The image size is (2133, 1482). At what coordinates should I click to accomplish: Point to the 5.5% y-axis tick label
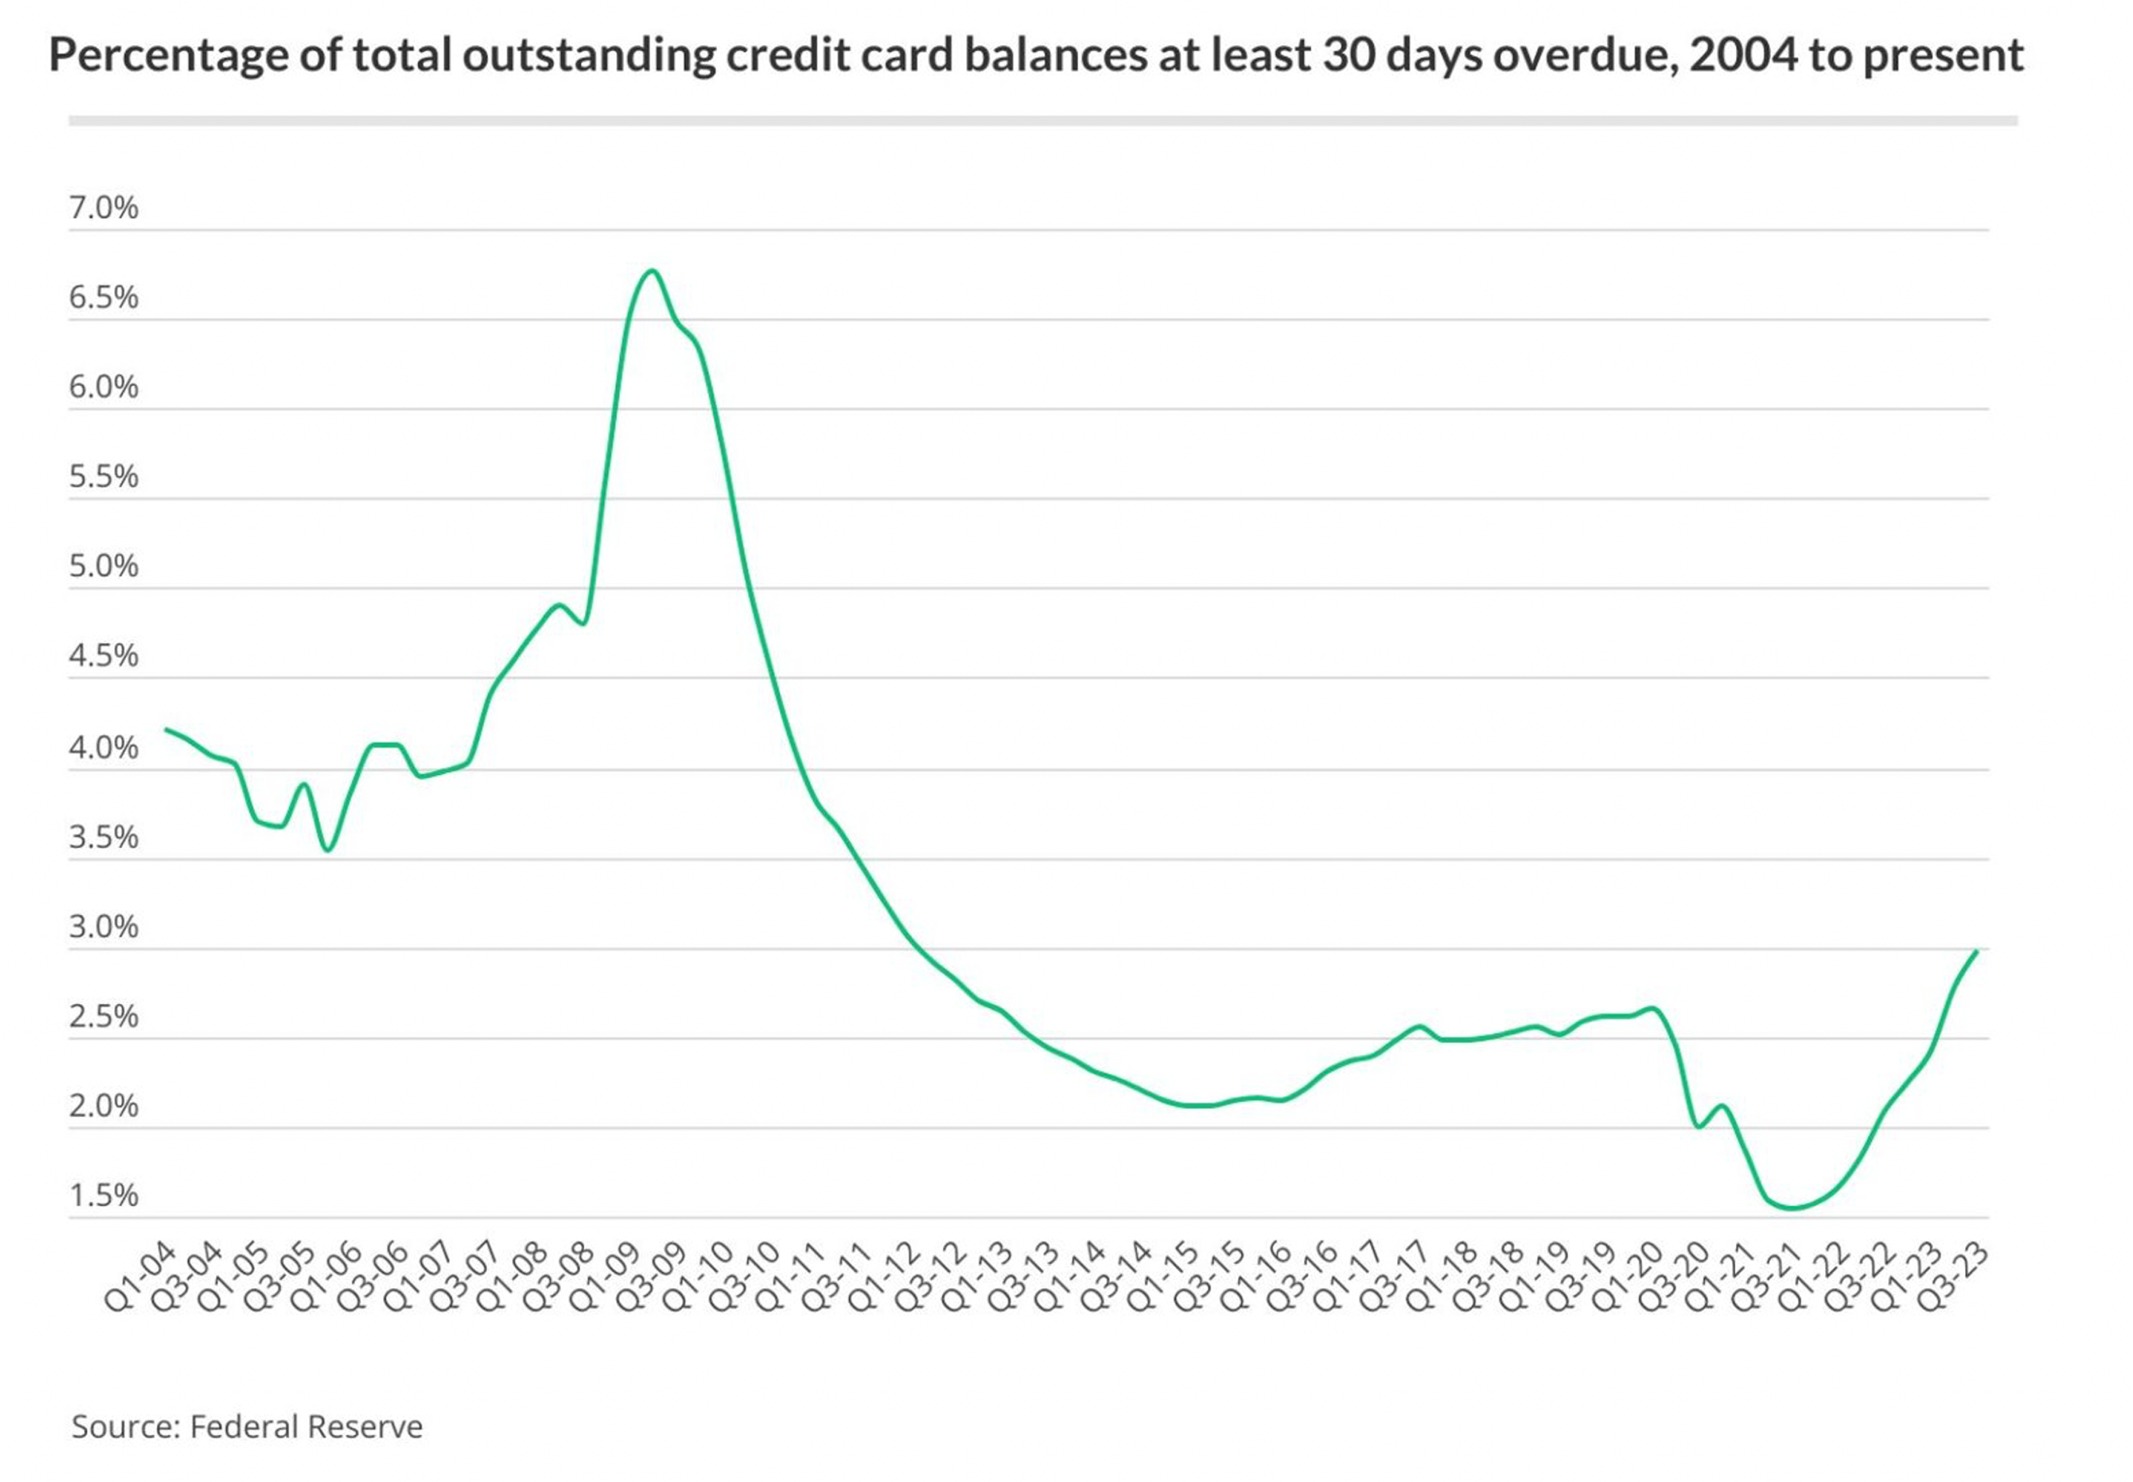coord(103,477)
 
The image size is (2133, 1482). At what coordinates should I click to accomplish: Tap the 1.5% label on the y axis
coord(103,1195)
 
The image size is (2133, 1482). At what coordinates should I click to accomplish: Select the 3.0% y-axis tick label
coord(103,927)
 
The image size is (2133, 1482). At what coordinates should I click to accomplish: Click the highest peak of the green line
coord(653,271)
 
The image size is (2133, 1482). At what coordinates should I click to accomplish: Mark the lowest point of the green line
coord(1794,1208)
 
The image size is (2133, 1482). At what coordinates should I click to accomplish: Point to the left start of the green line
coord(166,729)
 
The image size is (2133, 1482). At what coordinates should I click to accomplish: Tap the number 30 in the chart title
coord(1351,55)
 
